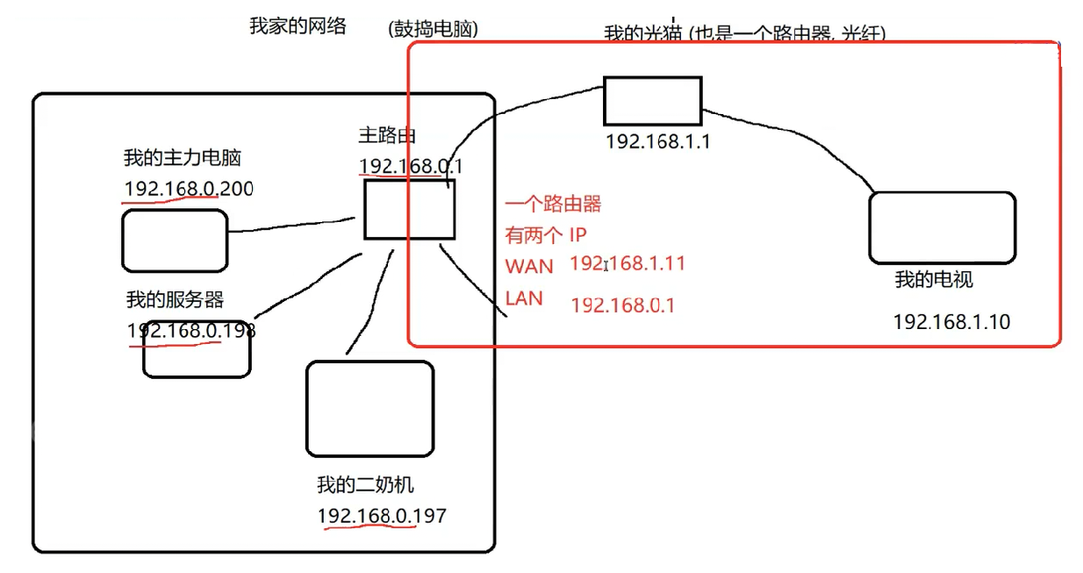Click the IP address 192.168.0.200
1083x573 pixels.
189,189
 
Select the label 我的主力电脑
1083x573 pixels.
183,159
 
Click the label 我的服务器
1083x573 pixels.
175,300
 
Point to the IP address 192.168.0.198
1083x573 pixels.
191,331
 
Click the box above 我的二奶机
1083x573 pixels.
369,409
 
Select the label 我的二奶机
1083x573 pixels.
364,485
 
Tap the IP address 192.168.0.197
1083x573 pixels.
382,516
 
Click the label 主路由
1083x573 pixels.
387,135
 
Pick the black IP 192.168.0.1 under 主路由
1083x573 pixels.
411,166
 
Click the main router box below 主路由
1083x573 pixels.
409,209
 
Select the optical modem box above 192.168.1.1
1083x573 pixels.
652,101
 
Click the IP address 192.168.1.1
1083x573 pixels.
657,141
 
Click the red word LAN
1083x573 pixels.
524,298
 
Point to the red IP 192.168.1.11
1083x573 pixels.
628,263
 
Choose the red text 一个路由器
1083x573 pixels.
553,204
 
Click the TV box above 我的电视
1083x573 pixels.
942,227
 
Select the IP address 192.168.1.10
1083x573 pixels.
951,322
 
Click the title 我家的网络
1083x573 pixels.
298,26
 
